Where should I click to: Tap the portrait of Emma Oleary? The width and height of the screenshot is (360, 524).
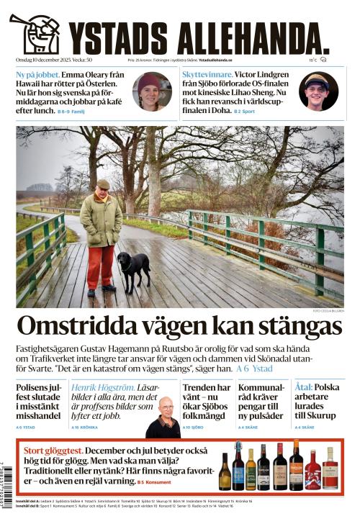(151, 91)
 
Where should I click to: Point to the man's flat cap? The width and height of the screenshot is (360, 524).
(103, 184)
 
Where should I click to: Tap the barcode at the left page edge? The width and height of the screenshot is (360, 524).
(6, 475)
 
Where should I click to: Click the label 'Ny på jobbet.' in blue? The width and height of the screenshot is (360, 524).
(38, 75)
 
